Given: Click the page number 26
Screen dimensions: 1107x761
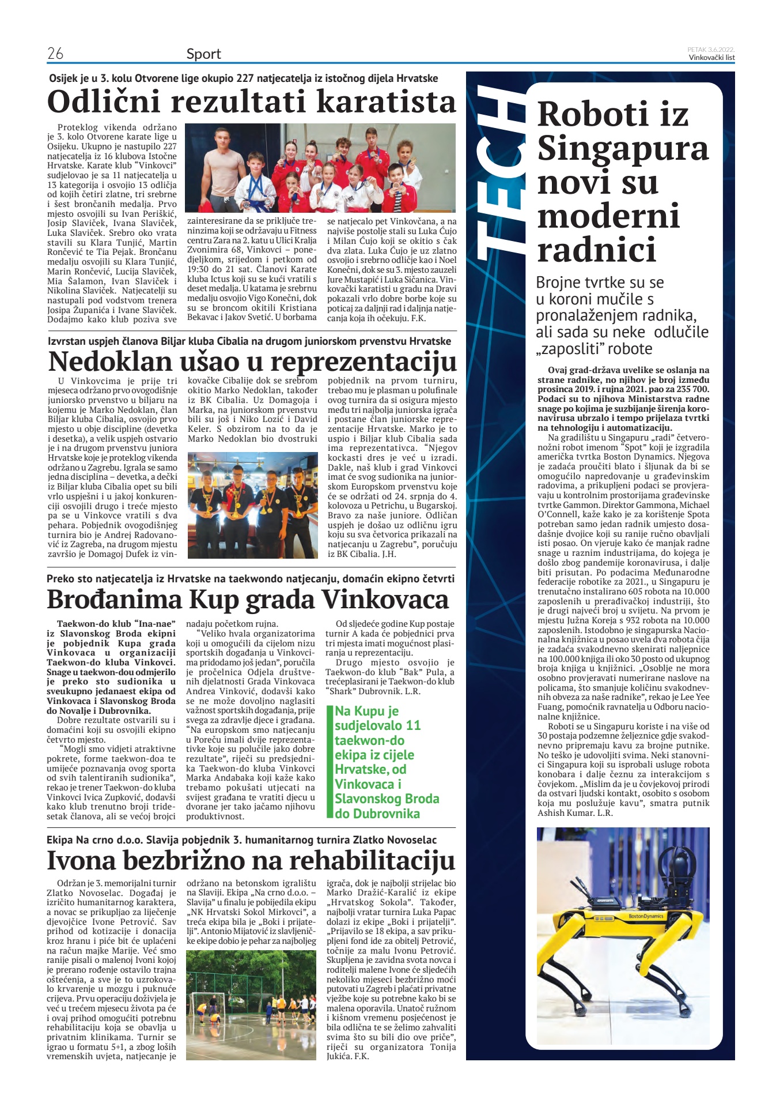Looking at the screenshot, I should [x=55, y=54].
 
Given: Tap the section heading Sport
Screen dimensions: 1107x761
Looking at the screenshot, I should [x=203, y=54].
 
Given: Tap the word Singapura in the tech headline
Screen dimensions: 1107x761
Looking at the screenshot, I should [x=623, y=148].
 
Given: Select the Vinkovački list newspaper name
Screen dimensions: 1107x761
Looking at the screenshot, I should [x=711, y=58].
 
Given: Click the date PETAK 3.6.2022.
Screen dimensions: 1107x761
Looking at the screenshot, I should [x=711, y=50].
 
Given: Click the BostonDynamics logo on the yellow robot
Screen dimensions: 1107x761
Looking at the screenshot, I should [x=646, y=916].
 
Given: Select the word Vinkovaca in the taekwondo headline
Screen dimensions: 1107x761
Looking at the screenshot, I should [x=384, y=599].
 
